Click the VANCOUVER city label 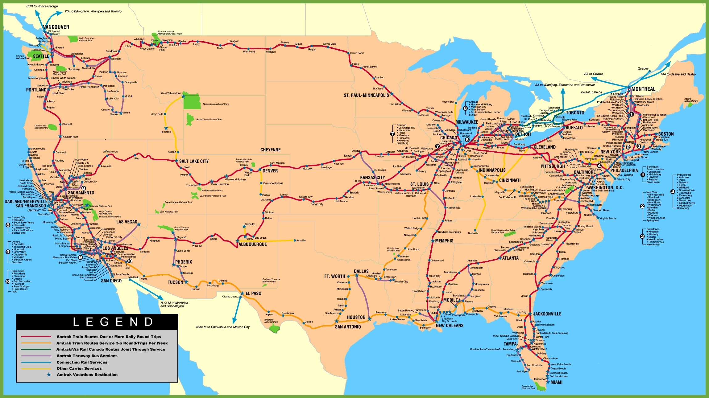pyautogui.click(x=56, y=27)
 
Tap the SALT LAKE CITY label pyautogui.click(x=194, y=161)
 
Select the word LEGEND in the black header pyautogui.click(x=113, y=322)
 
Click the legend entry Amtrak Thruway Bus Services pyautogui.click(x=87, y=356)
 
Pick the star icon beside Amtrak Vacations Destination pyautogui.click(x=49, y=375)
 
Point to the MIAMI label pyautogui.click(x=556, y=382)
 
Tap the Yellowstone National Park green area pyautogui.click(x=192, y=101)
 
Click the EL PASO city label pyautogui.click(x=253, y=293)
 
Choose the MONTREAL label pyautogui.click(x=643, y=89)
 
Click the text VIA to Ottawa pyautogui.click(x=593, y=74)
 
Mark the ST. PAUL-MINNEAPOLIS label pyautogui.click(x=366, y=95)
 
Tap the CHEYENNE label pyautogui.click(x=270, y=150)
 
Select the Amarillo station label pyautogui.click(x=301, y=240)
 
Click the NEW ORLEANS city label pyautogui.click(x=450, y=326)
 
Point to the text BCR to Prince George pyautogui.click(x=42, y=6)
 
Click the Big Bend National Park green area pyautogui.click(x=274, y=328)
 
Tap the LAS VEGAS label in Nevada pyautogui.click(x=126, y=222)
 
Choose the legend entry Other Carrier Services pyautogui.click(x=79, y=368)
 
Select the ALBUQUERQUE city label pyautogui.click(x=252, y=244)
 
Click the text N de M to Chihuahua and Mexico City pyautogui.click(x=223, y=327)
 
